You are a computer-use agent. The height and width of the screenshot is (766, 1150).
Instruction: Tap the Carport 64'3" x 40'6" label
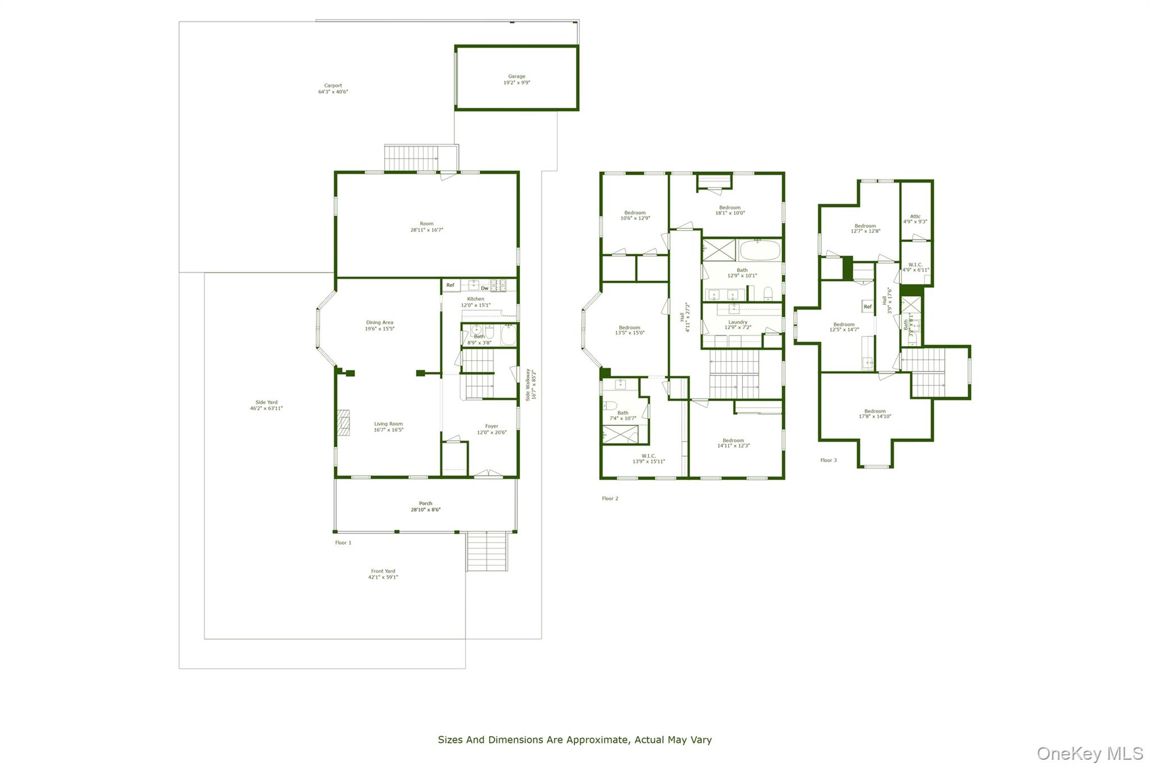(333, 89)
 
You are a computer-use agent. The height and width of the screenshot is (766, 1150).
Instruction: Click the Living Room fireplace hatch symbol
(343, 423)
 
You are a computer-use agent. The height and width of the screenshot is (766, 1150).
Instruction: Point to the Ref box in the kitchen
(450, 285)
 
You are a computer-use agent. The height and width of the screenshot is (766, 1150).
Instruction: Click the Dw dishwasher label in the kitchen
(484, 288)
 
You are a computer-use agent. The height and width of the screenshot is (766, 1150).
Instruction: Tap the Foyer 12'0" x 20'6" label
(491, 429)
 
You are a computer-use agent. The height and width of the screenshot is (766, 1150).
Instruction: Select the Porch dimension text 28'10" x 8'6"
(426, 510)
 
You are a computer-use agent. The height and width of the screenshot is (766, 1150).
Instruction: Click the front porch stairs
(487, 551)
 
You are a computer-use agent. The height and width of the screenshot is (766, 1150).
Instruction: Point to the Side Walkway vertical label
(531, 384)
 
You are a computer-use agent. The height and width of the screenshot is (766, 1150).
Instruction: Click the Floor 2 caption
(610, 498)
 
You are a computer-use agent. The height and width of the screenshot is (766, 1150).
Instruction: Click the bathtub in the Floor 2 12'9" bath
(759, 250)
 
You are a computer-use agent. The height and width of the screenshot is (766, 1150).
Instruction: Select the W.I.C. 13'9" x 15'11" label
(649, 458)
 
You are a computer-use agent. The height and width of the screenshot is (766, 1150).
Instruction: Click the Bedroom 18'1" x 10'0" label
(730, 210)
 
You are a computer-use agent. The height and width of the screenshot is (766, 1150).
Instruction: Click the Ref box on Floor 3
(868, 306)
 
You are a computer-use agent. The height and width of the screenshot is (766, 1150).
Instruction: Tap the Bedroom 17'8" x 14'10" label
(875, 414)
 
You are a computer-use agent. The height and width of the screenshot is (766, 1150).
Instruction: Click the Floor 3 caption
(828, 460)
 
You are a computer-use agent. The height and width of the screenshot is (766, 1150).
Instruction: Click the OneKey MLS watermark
(1089, 753)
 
